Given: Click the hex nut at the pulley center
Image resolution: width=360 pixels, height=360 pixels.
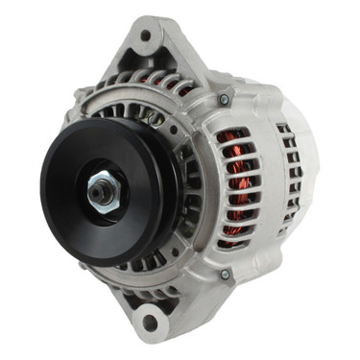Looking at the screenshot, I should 101,191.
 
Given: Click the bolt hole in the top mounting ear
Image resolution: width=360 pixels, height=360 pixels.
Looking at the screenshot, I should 146,36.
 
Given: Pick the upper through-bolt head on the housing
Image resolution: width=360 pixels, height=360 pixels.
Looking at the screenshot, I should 224,99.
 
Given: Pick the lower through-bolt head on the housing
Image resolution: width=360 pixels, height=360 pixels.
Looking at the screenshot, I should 224,276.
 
